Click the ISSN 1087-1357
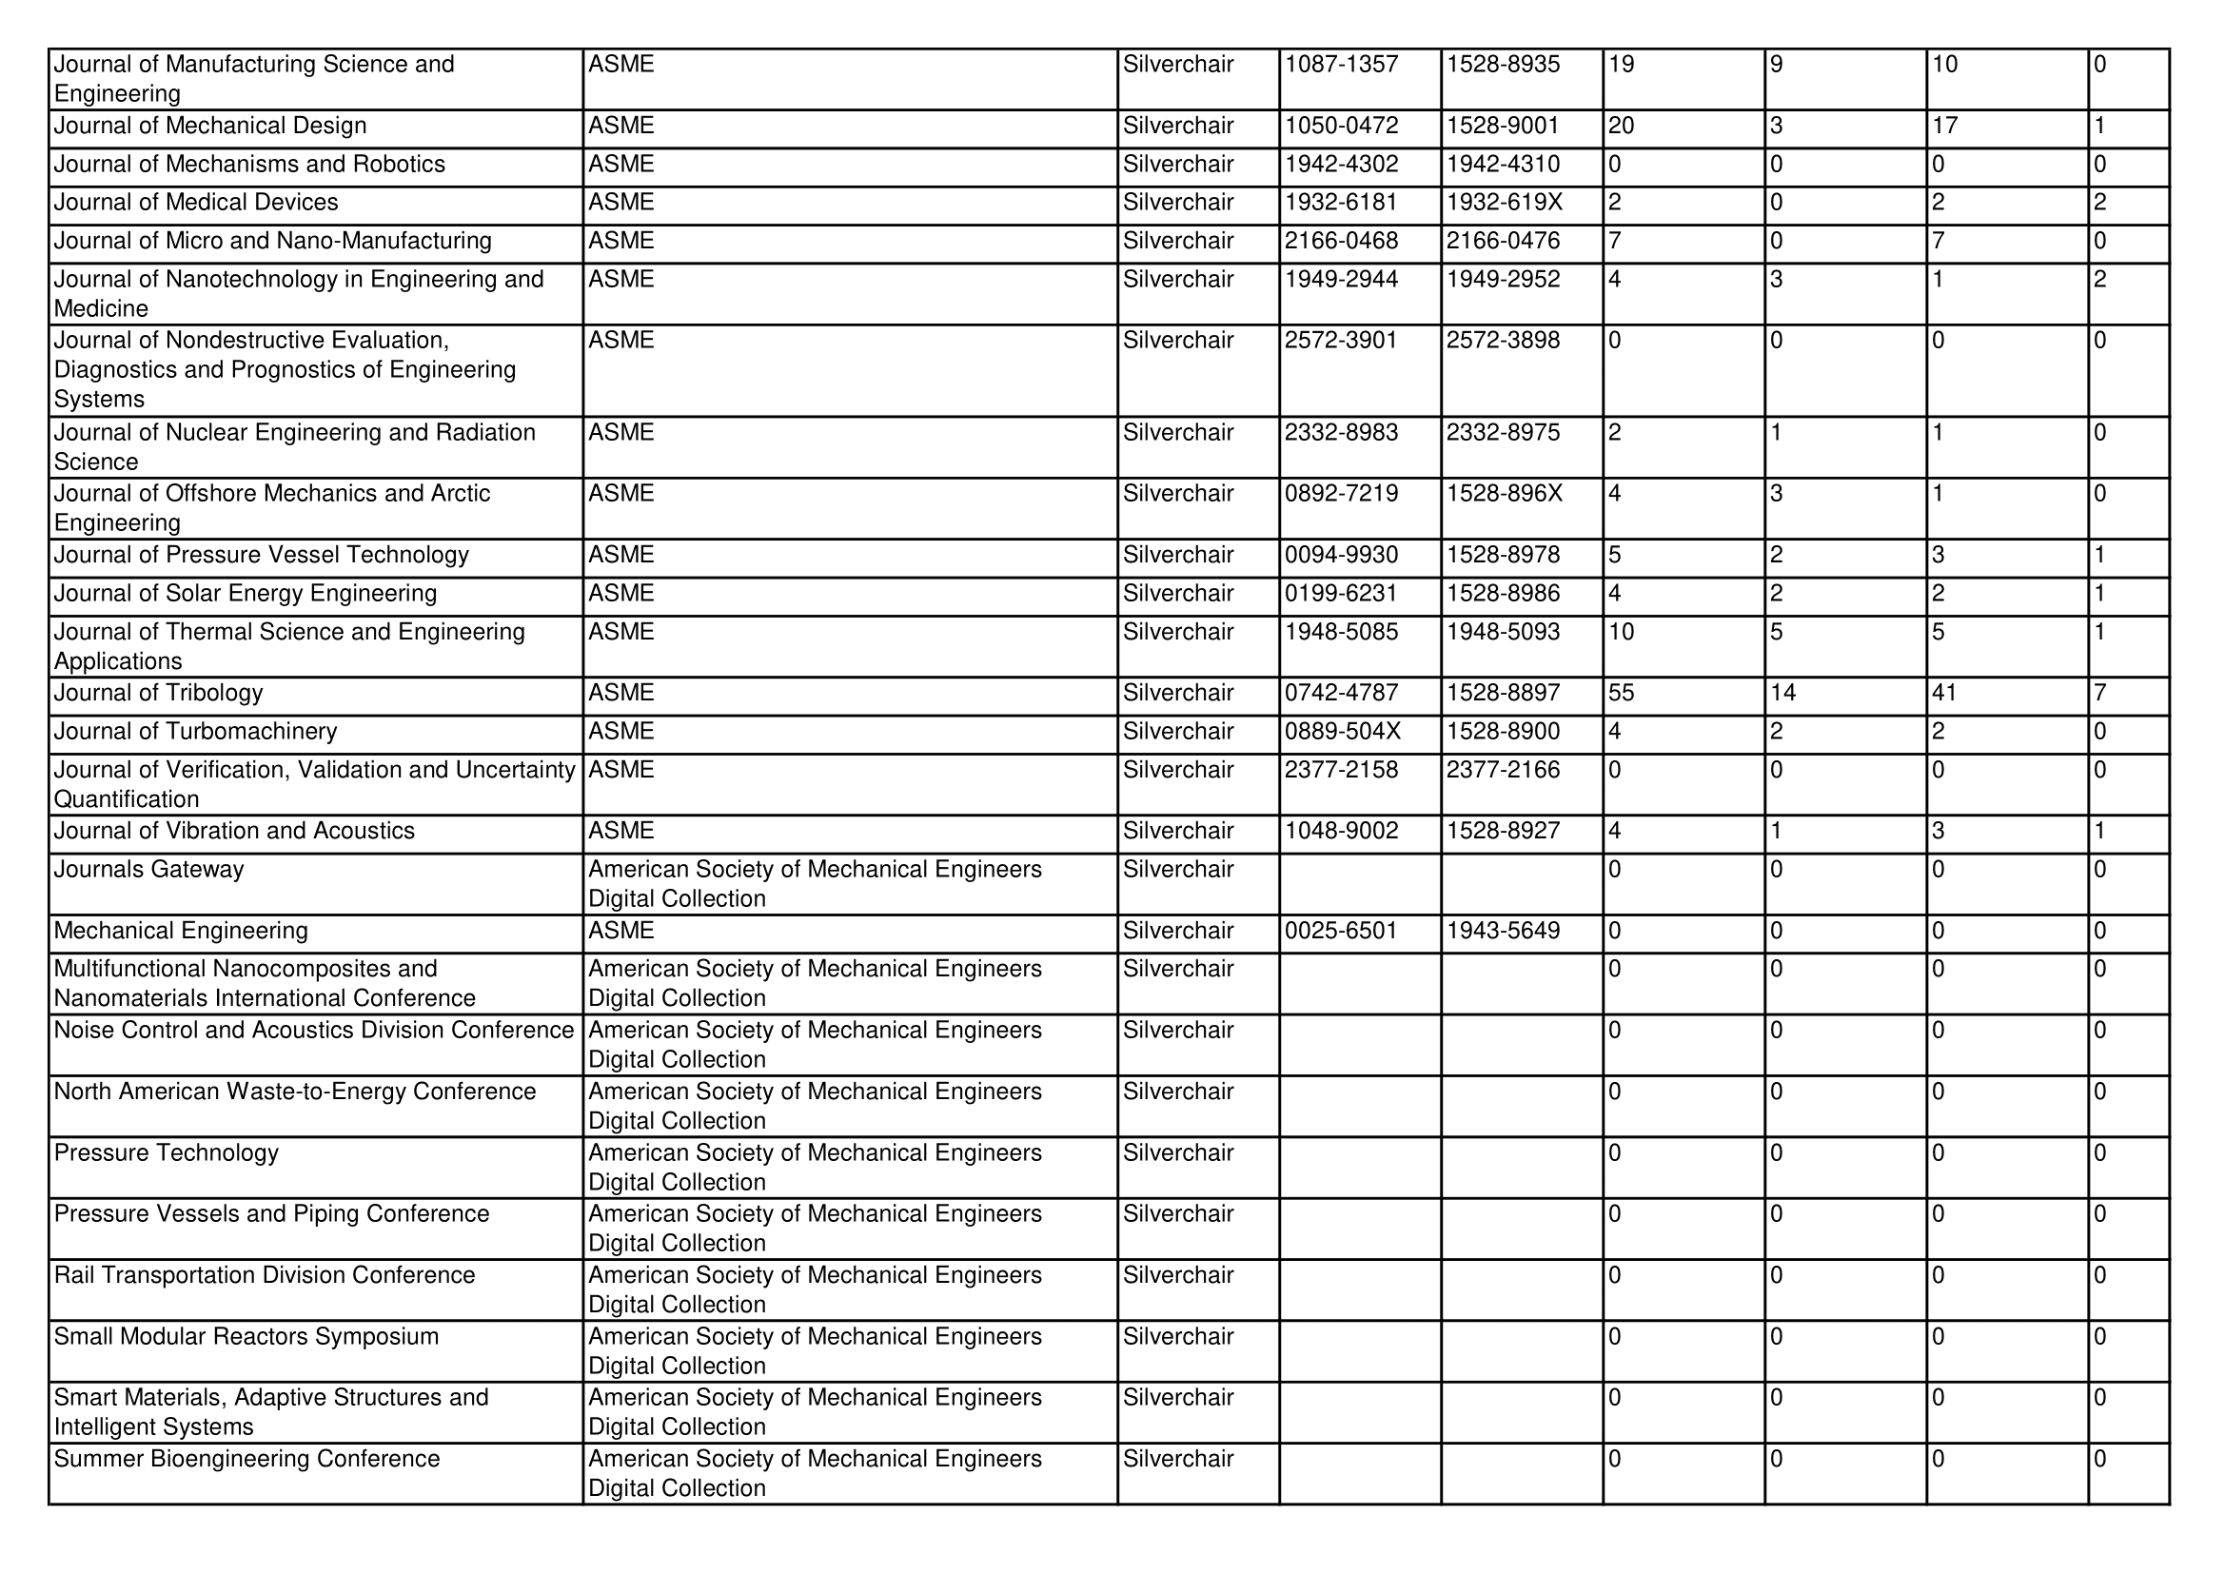[x=1341, y=65]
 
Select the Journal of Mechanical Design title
[x=210, y=126]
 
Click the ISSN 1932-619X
[x=1504, y=203]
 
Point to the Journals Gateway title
[x=148, y=870]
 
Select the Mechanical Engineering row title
[x=180, y=931]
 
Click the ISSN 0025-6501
[x=1341, y=931]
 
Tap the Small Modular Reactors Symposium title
[x=246, y=1336]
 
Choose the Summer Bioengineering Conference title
[x=246, y=1459]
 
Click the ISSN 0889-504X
[x=1342, y=732]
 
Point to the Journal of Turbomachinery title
[x=195, y=732]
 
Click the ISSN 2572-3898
[x=1503, y=340]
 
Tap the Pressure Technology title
[x=166, y=1152]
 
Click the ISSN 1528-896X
[x=1504, y=493]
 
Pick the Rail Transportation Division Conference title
[x=265, y=1274]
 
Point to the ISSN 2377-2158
[x=1341, y=770]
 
